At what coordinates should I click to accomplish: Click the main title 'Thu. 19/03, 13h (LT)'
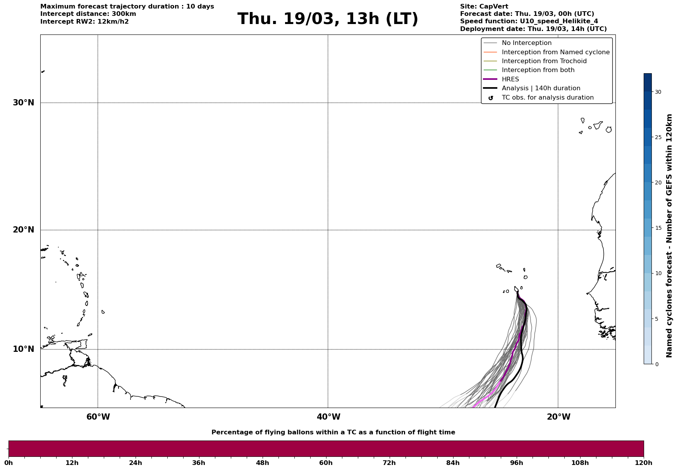click(x=328, y=19)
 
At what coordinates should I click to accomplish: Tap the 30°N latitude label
click(x=24, y=103)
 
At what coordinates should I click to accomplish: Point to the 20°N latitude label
click(x=24, y=230)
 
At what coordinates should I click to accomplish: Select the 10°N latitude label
click(x=24, y=349)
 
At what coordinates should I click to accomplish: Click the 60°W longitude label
click(x=98, y=417)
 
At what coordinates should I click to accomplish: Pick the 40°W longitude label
click(x=328, y=417)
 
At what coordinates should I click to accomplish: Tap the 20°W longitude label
click(x=558, y=417)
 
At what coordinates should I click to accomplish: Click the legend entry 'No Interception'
click(x=526, y=43)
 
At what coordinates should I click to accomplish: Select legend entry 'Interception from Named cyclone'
click(x=555, y=52)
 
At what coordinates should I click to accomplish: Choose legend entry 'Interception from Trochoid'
click(x=544, y=61)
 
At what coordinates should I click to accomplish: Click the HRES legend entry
click(x=510, y=79)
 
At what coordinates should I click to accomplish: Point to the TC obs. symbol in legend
click(x=490, y=98)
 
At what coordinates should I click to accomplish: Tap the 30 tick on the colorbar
click(x=658, y=92)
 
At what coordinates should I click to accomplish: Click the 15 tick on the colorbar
click(x=658, y=228)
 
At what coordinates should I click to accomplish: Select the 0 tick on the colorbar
click(x=656, y=364)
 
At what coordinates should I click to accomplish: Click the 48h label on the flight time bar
click(x=262, y=463)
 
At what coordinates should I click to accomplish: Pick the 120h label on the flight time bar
click(x=644, y=463)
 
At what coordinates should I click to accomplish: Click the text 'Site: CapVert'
click(x=484, y=7)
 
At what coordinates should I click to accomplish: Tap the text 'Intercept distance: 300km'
click(x=88, y=14)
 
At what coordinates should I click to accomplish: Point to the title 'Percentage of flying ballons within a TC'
click(x=333, y=432)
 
